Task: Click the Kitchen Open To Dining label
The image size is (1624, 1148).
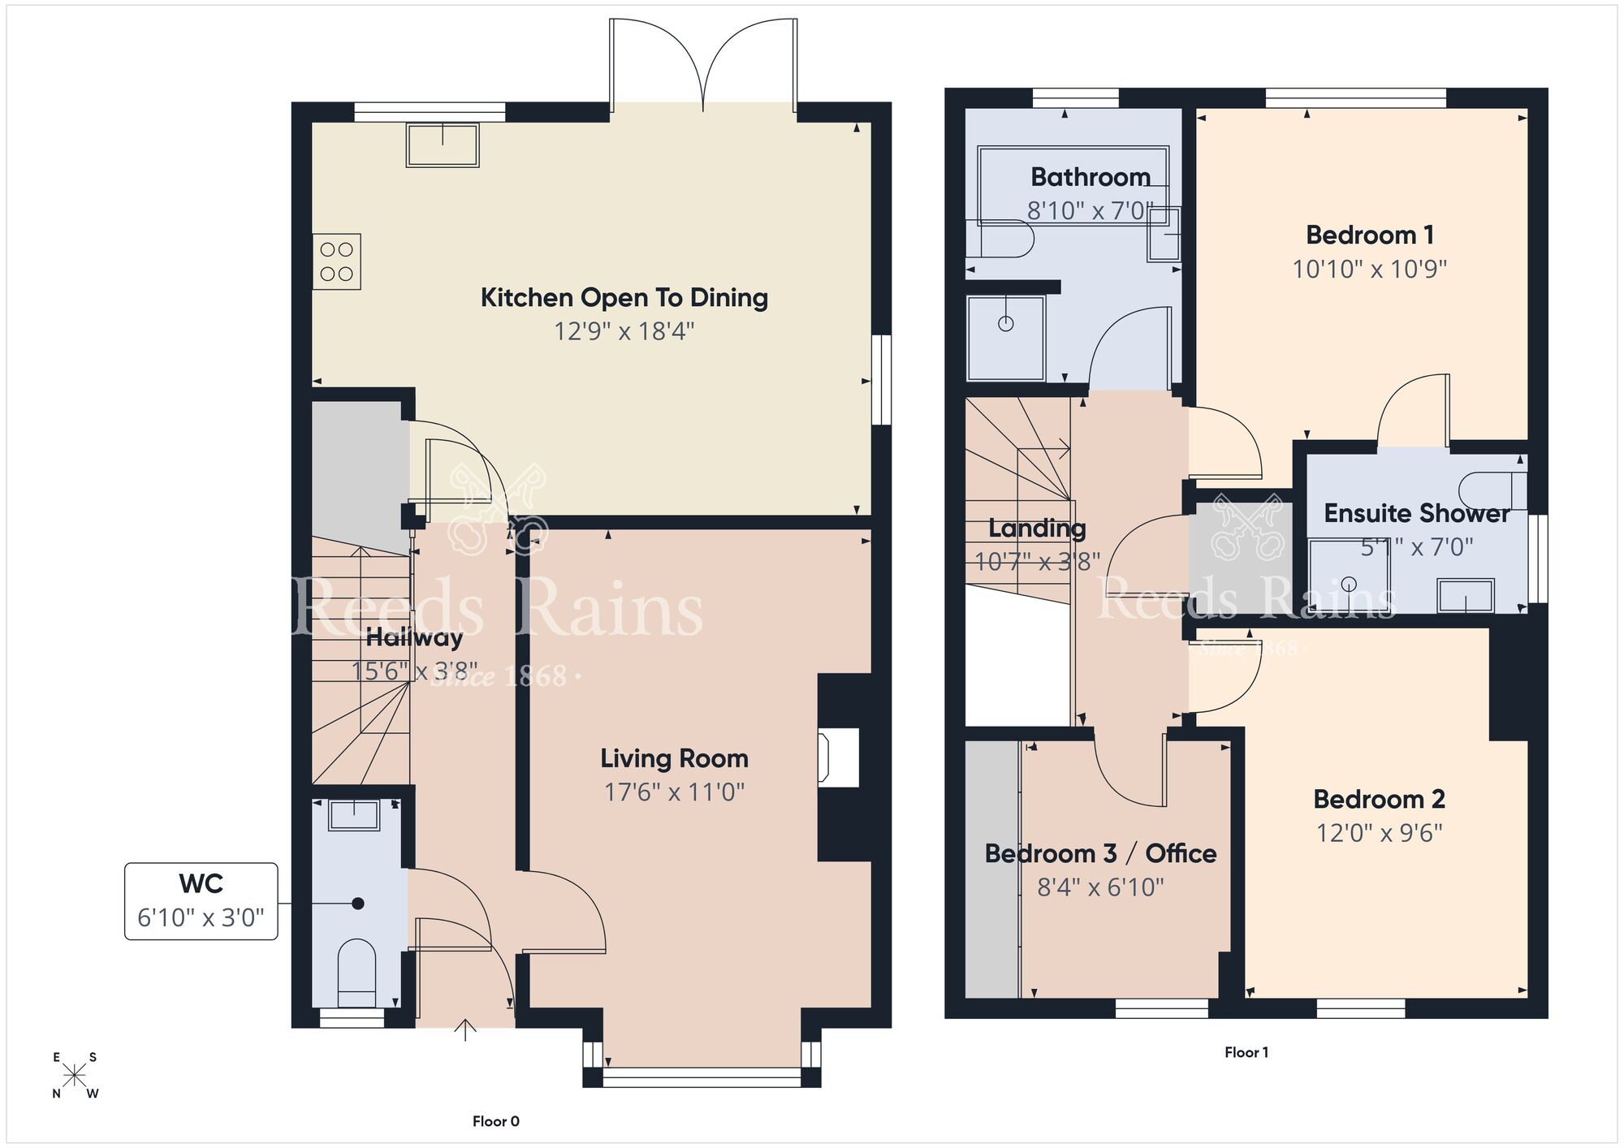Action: (x=624, y=298)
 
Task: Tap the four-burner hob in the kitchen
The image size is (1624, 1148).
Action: (x=336, y=262)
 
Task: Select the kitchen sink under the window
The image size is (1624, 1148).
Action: (x=443, y=145)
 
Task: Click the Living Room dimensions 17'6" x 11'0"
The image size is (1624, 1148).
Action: (x=674, y=792)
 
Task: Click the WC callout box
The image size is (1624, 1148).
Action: (x=201, y=901)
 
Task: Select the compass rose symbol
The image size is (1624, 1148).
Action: (x=75, y=1076)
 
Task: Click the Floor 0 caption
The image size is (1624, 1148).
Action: (x=495, y=1121)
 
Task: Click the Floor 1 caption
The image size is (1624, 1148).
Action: (x=1246, y=1052)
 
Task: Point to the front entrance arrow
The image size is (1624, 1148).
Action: (x=465, y=1029)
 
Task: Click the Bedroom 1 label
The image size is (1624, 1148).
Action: (x=1369, y=235)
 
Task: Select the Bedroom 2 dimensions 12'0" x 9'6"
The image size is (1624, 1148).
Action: (x=1379, y=833)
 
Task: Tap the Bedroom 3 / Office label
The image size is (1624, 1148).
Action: (x=1100, y=853)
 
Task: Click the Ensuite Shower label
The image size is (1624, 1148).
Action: (x=1416, y=513)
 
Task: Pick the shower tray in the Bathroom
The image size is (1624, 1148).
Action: (x=1006, y=337)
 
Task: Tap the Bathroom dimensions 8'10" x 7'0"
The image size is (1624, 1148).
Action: (x=1090, y=211)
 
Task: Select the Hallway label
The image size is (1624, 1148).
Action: (x=414, y=637)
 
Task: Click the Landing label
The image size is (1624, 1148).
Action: (x=1037, y=529)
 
